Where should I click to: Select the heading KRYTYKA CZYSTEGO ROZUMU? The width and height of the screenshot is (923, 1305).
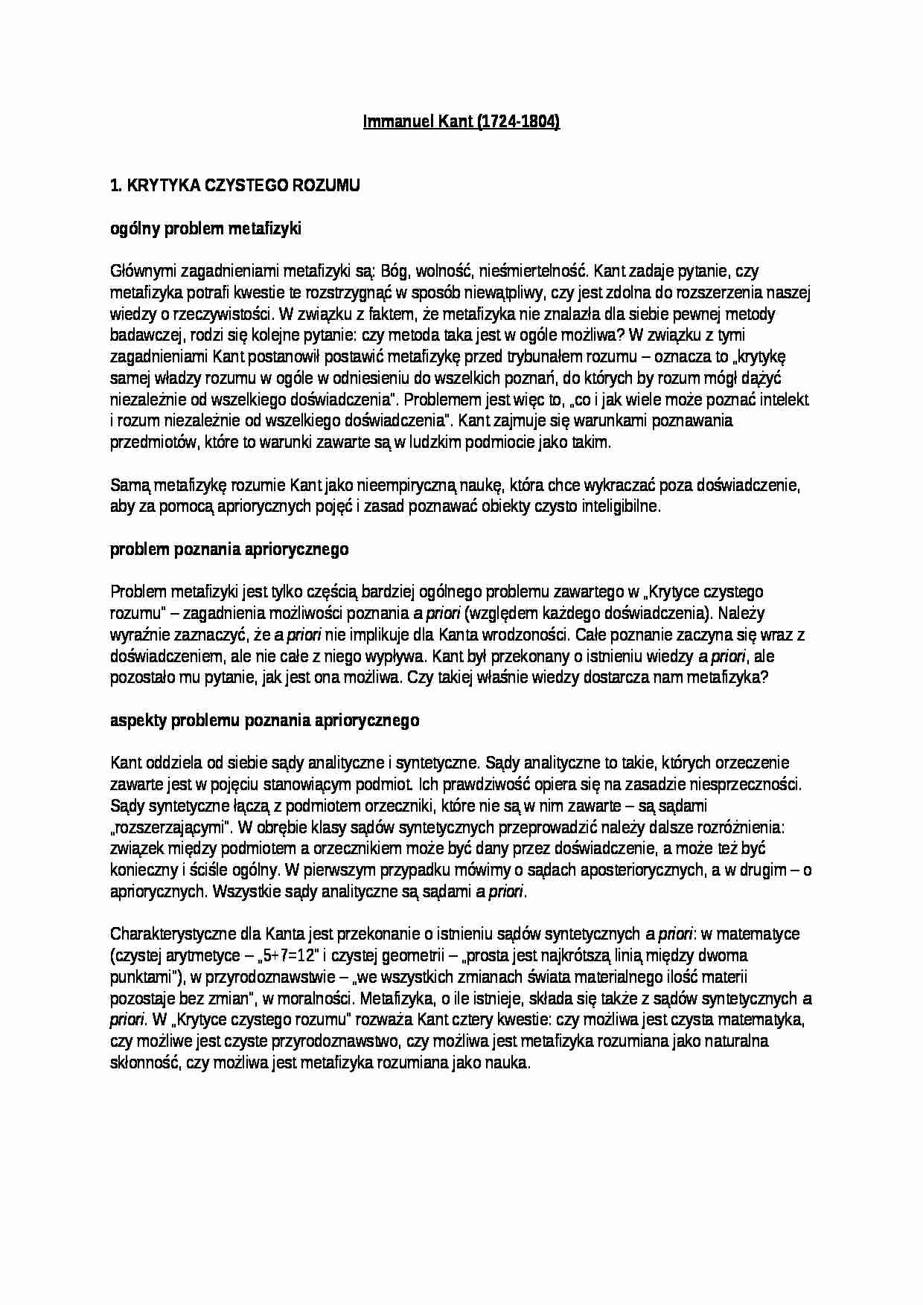(x=242, y=186)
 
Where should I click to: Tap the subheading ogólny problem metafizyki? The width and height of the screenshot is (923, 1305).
(x=205, y=229)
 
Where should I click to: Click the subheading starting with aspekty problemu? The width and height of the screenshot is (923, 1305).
(x=264, y=720)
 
